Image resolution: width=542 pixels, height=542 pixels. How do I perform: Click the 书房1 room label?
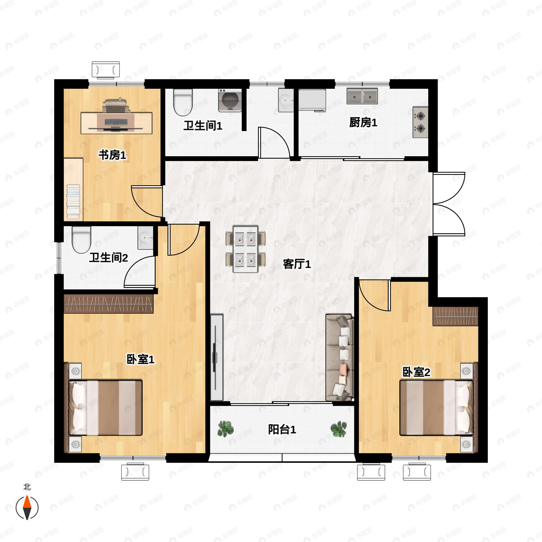coord(112,155)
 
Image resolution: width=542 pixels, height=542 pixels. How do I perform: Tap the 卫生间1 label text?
coord(203,125)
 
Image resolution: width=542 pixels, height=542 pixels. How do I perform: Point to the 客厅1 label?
coord(297,264)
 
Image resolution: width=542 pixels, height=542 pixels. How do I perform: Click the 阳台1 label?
coord(282,430)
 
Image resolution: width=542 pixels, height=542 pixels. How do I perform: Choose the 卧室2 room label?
coord(416,372)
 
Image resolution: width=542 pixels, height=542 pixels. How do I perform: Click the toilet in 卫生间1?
coord(183,102)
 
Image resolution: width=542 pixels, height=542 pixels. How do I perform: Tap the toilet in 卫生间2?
coord(81,240)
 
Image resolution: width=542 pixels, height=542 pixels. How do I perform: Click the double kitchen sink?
coord(362,96)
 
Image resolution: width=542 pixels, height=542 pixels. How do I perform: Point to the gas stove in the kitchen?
coord(420,122)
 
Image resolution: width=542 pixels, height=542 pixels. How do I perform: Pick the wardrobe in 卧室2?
coord(455,316)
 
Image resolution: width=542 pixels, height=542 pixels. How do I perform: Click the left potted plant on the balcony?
coord(226,429)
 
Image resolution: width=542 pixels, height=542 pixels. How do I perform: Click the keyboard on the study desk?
coord(116,122)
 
